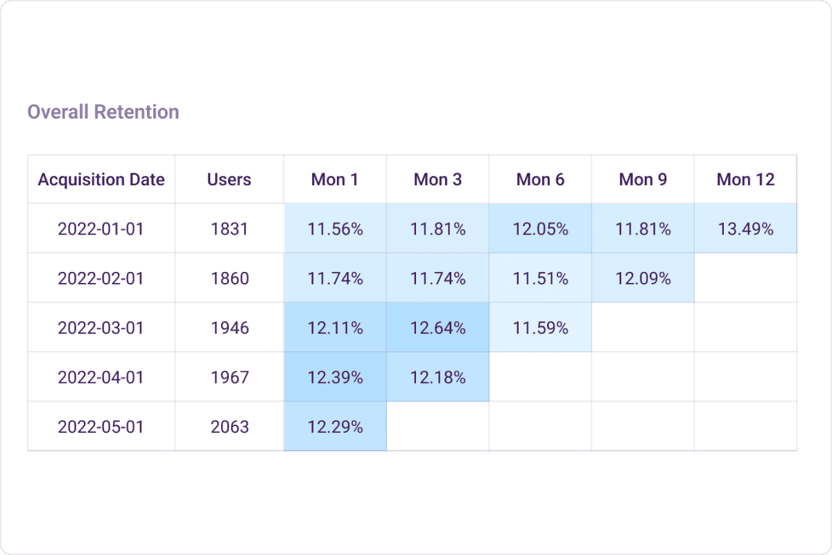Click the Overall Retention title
click(x=103, y=112)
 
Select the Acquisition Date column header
click(x=101, y=180)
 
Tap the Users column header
click(x=229, y=180)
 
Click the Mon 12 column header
click(x=745, y=180)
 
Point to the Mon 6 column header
click(x=540, y=180)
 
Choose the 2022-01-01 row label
click(x=101, y=229)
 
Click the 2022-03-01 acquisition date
click(x=101, y=327)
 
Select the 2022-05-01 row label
click(x=101, y=427)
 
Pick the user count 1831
click(x=229, y=229)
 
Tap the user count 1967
click(x=229, y=377)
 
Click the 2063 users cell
click(x=229, y=427)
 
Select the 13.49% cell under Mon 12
click(x=745, y=229)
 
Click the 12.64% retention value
click(x=437, y=327)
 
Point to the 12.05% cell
click(x=540, y=229)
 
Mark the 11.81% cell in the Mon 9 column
click(x=643, y=229)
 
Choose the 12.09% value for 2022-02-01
click(x=643, y=278)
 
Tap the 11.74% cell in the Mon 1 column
click(x=335, y=278)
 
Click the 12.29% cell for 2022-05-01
click(x=335, y=427)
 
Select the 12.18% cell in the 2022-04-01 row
click(x=437, y=377)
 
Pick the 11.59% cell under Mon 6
click(x=540, y=327)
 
